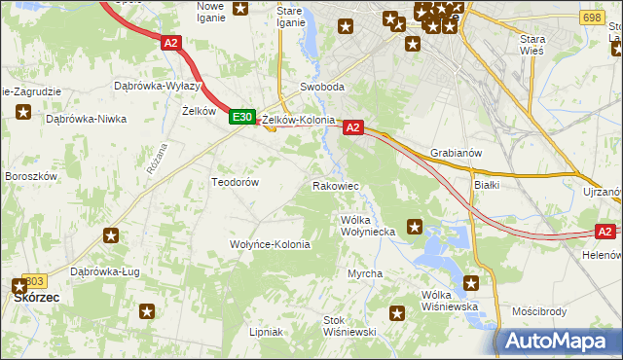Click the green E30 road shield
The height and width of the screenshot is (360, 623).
242,117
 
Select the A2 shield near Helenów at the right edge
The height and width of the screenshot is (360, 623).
605,231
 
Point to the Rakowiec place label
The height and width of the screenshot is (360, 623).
336,185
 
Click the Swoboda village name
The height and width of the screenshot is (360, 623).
322,87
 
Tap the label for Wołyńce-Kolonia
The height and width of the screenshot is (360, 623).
270,244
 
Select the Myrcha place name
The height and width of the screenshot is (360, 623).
365,274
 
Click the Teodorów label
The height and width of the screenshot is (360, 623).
235,182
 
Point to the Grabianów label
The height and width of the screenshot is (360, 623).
457,153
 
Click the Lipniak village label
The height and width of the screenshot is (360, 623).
266,332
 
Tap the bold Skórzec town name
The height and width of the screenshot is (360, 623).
40,301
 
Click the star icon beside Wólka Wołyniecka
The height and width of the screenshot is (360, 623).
415,228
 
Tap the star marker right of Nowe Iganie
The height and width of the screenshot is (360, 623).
240,9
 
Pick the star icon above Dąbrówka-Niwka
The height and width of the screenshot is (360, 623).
23,112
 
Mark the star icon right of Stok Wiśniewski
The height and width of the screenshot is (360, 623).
397,313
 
